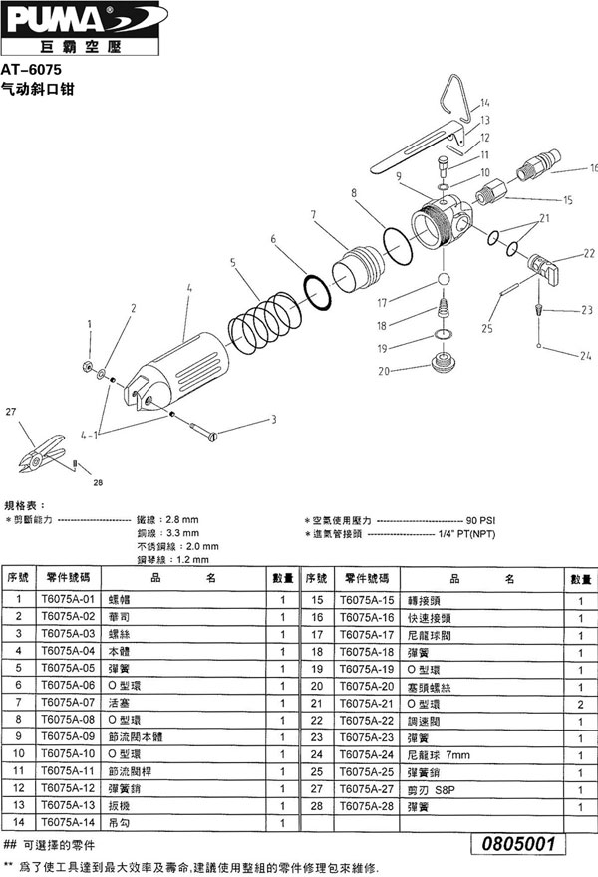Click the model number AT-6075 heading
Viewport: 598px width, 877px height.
33,71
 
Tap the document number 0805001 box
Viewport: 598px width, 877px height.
517,843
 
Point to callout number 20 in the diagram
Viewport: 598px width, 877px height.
383,371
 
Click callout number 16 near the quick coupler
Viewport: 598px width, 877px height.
592,167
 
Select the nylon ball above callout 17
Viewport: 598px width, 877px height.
442,279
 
